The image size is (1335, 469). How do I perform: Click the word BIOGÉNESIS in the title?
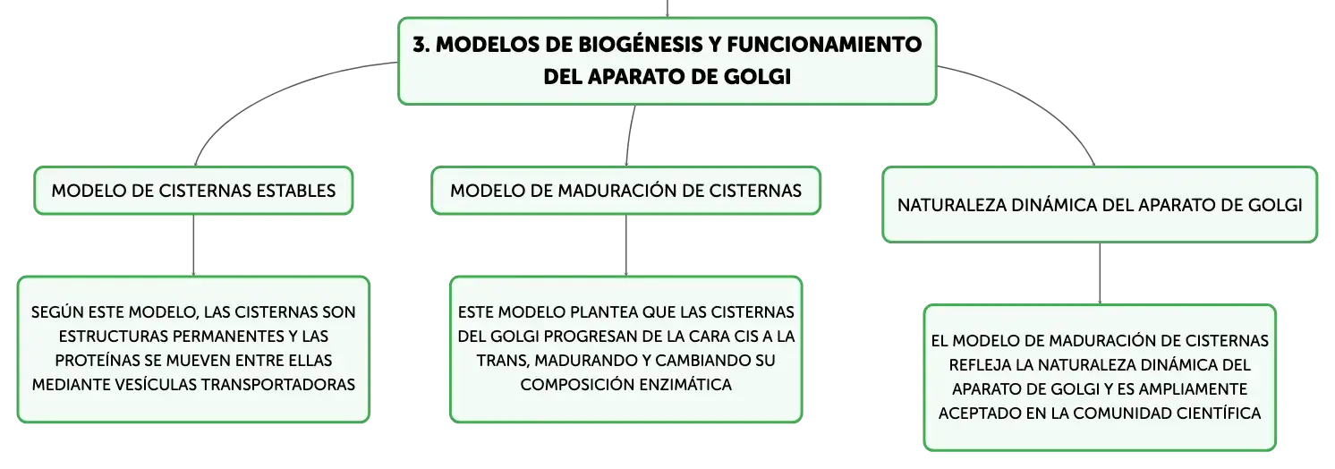pyautogui.click(x=640, y=44)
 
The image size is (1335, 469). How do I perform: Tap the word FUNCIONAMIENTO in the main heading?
pyautogui.click(x=824, y=44)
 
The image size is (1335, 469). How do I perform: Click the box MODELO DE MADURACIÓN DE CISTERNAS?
pyautogui.click(x=625, y=191)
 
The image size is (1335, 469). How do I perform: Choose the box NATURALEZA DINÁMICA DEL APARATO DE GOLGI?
pyautogui.click(x=1100, y=205)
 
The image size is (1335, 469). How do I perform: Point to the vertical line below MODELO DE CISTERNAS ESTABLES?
pyautogui.click(x=193, y=245)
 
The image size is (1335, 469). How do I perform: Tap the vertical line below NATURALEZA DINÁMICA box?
pyautogui.click(x=1100, y=274)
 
